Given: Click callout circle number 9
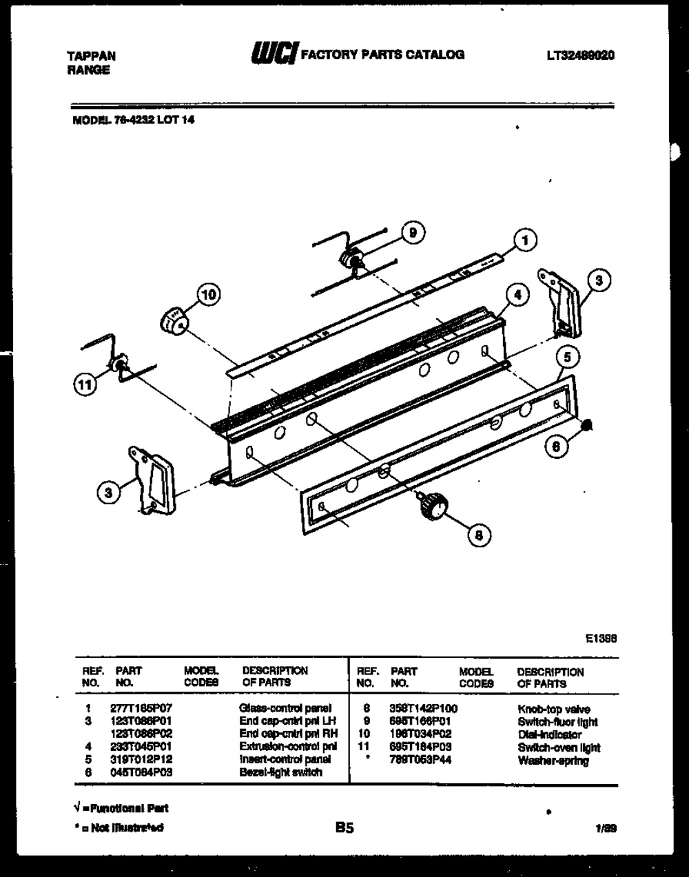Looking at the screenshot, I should pyautogui.click(x=412, y=233).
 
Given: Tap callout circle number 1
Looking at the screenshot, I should pyautogui.click(x=525, y=240).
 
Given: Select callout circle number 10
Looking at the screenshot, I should pyautogui.click(x=207, y=295).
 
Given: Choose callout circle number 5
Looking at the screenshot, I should pyautogui.click(x=567, y=358).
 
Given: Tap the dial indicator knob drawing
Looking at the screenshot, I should pyautogui.click(x=174, y=320).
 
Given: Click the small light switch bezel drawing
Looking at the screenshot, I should pyautogui.click(x=588, y=426).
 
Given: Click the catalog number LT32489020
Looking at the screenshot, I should pyautogui.click(x=581, y=55).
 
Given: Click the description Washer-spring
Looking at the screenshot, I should pyautogui.click(x=546, y=760).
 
